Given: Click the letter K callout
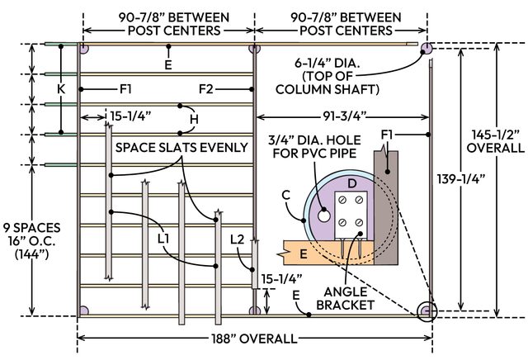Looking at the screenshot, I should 60,88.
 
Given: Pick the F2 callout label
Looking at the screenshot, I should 208,88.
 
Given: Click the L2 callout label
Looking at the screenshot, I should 238,239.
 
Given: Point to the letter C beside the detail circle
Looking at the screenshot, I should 286,195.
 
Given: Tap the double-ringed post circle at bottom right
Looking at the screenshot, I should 426,310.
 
